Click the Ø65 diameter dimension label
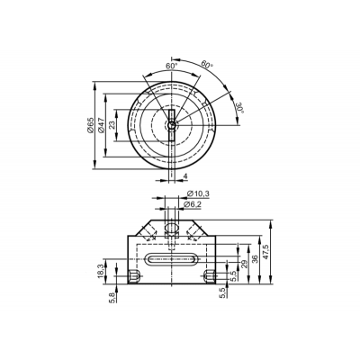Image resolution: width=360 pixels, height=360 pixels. [90, 125]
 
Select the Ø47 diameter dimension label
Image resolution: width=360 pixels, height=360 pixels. [101, 125]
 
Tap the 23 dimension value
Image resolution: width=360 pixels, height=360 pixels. [112, 125]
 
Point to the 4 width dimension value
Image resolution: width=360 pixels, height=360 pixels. [185, 176]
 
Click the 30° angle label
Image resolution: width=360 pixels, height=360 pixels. [240, 107]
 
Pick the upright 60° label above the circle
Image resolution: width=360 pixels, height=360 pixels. [172, 66]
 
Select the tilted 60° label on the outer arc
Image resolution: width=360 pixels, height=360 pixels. [206, 64]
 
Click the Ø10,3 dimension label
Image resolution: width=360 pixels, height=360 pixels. [198, 194]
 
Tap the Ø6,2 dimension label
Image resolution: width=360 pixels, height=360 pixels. [193, 204]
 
